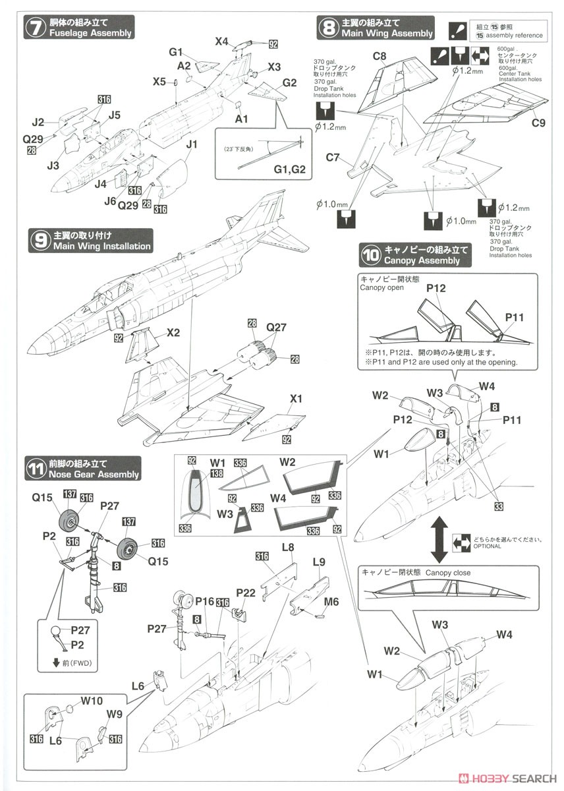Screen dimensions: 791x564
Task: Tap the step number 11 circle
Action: tap(35, 469)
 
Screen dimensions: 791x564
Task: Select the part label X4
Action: tap(221, 42)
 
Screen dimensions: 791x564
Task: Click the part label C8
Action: tap(379, 57)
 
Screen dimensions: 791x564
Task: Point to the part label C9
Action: tap(538, 121)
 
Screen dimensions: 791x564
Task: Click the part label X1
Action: tap(296, 399)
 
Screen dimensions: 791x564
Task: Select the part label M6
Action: tap(331, 601)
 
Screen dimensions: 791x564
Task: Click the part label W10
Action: tap(92, 701)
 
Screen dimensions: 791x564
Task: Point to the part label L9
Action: tap(320, 562)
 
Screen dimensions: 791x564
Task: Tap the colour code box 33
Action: tap(498, 506)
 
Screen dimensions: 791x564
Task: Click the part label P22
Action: tap(246, 592)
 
